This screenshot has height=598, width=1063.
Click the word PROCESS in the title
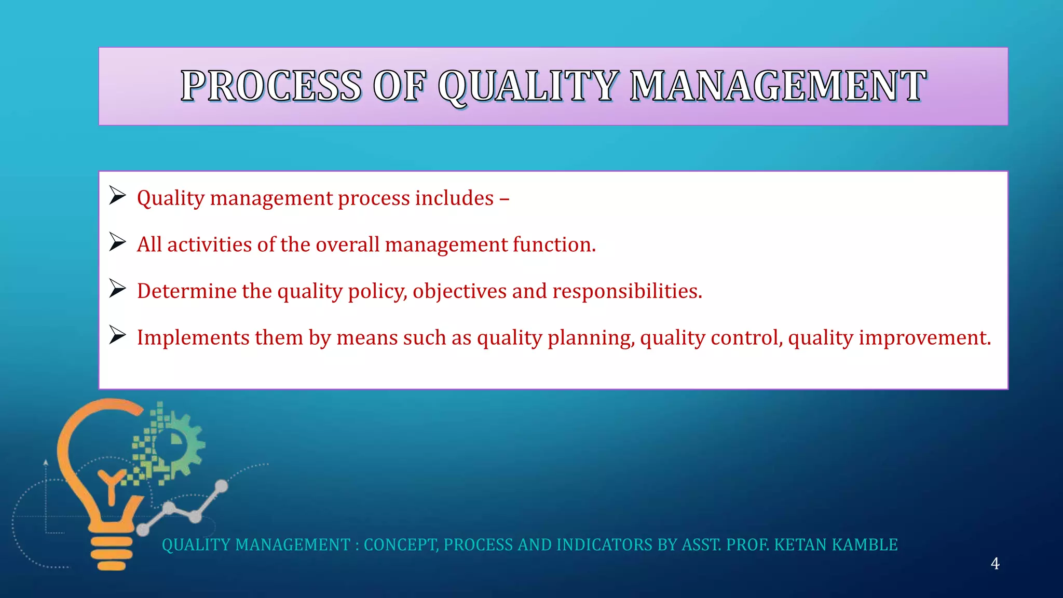[271, 86]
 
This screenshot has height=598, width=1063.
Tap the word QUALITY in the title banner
[528, 86]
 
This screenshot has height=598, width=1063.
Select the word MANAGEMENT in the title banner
[778, 86]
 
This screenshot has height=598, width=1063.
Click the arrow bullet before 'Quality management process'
[118, 196]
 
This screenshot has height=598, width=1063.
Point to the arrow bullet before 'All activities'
[118, 242]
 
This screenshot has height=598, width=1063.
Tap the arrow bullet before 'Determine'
[118, 289]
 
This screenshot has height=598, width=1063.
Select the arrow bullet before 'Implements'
[118, 335]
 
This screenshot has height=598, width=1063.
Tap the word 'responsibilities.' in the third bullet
[627, 291]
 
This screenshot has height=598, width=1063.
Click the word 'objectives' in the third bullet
[459, 291]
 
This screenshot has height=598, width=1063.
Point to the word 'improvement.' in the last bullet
[924, 338]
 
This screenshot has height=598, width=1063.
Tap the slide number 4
[994, 564]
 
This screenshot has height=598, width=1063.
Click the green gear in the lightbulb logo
[182, 444]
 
